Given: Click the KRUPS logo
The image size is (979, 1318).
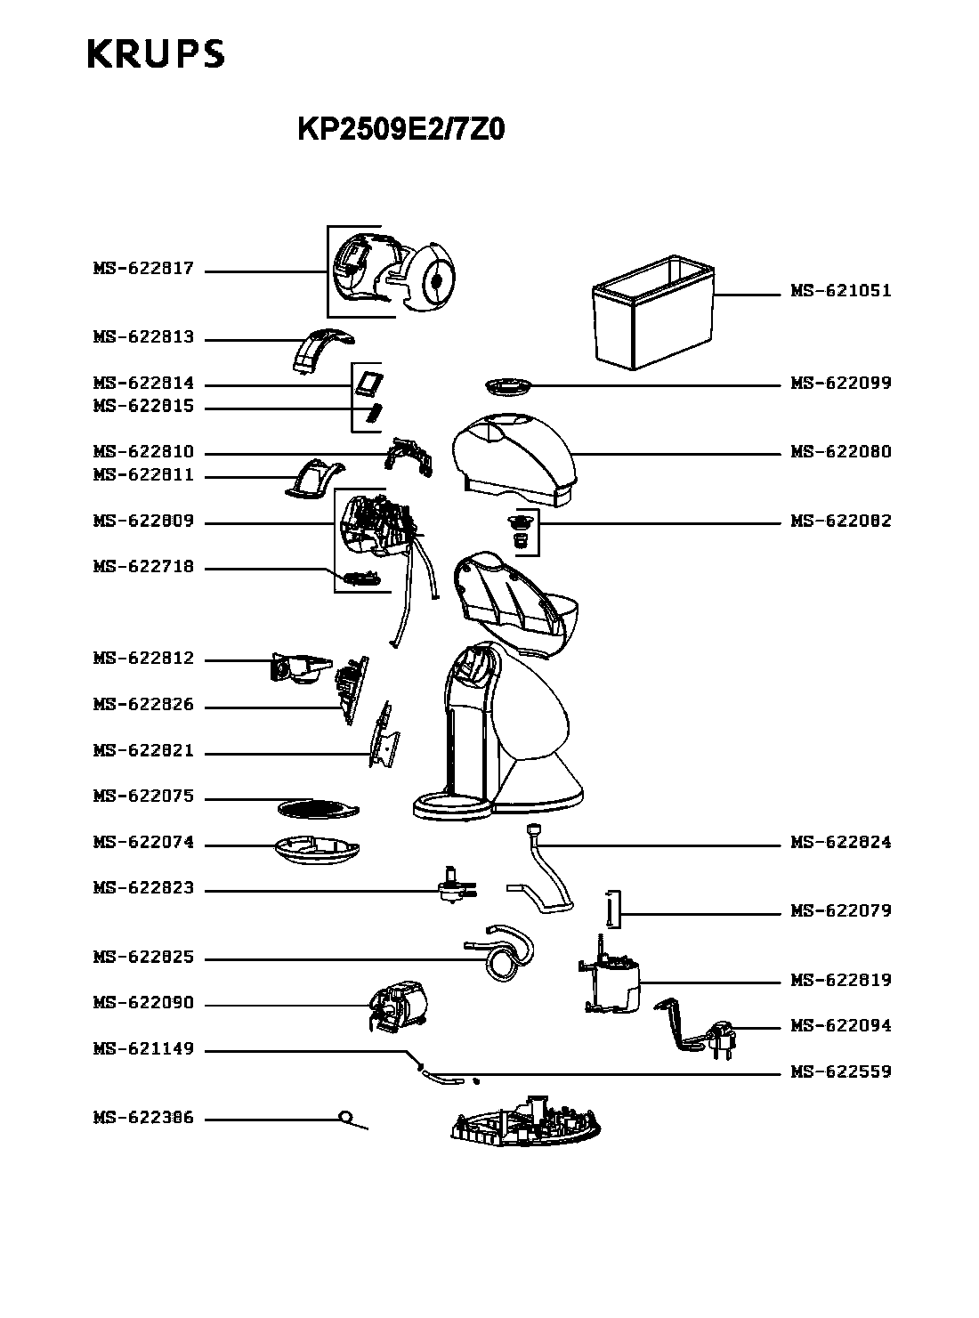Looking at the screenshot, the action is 156,53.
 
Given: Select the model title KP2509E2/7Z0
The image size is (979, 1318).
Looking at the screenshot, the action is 401,129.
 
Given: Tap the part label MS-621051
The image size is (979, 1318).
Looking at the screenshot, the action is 840,291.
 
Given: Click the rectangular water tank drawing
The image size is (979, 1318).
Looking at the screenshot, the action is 653,312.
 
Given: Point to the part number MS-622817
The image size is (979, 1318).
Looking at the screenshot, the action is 143,268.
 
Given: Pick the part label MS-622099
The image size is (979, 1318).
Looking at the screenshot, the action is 840,383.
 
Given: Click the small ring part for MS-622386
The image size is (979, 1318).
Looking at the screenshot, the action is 345,1117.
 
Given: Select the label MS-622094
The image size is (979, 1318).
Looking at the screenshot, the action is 840,1025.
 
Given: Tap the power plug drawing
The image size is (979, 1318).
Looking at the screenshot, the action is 722,1038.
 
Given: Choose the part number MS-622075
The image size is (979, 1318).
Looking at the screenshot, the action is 143,796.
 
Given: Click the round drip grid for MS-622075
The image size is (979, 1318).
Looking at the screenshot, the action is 318,809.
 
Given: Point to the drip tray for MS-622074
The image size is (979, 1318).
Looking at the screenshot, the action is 317,851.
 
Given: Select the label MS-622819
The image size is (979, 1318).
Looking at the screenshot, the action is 840,979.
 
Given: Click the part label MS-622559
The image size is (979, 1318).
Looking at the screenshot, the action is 840,1071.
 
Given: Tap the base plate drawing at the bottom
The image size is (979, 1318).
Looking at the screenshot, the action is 525,1121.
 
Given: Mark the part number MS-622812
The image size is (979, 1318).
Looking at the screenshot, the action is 143,658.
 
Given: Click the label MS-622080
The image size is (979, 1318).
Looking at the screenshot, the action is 840,451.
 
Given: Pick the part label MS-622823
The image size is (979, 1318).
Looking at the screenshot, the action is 143,888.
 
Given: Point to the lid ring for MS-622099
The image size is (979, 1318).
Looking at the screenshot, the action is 507,386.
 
